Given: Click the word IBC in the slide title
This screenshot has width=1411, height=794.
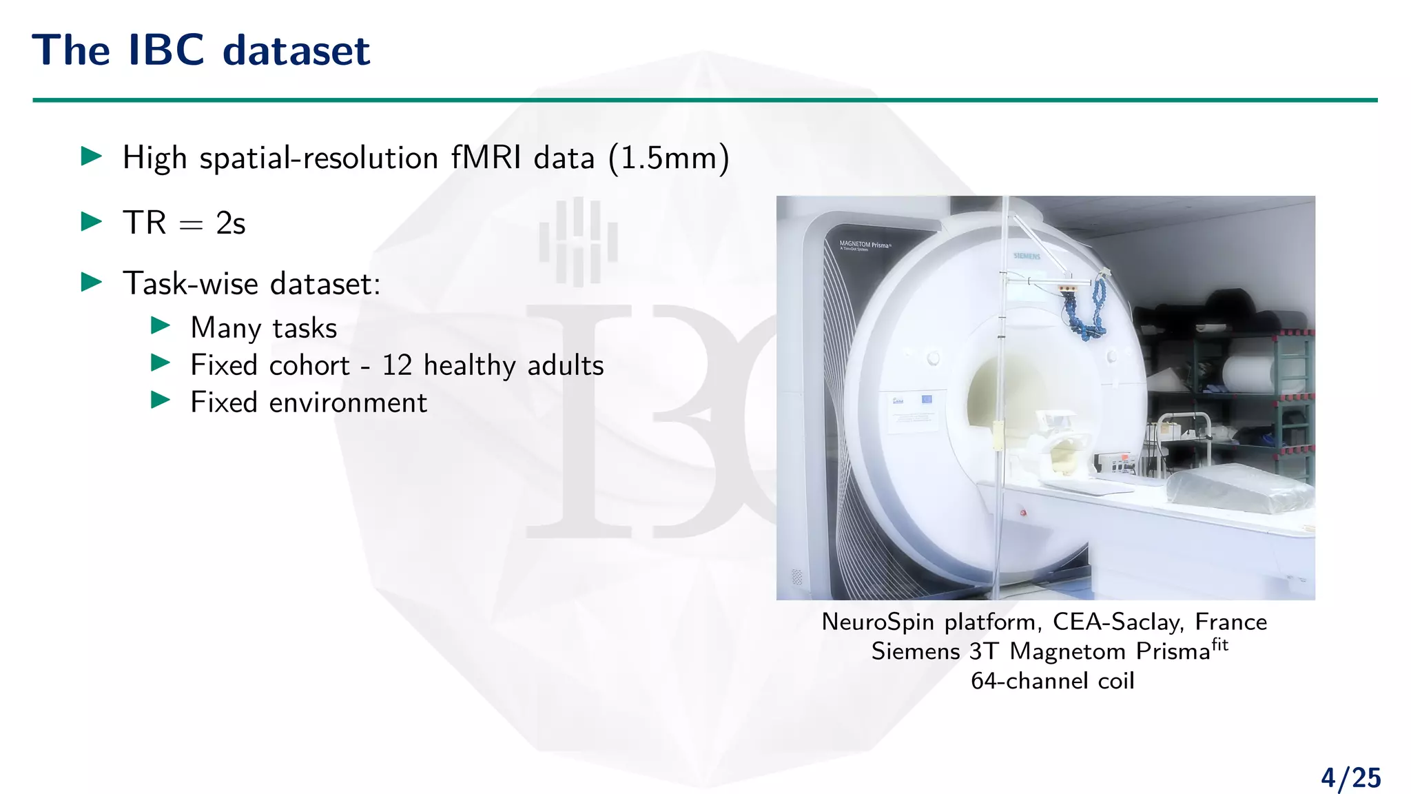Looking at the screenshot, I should click(166, 50).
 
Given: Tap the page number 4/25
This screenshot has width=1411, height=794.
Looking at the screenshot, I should click(1350, 777).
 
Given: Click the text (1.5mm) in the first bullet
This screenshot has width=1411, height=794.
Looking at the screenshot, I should click(668, 158).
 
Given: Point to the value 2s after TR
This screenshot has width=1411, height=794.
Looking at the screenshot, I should click(230, 223).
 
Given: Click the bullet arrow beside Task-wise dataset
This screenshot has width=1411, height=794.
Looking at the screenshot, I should click(92, 282).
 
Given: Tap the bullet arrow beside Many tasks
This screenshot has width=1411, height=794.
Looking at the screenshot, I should click(161, 325).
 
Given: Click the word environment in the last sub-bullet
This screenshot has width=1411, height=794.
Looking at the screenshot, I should click(348, 403).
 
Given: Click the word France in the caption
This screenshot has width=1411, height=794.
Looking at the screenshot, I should click(1230, 622).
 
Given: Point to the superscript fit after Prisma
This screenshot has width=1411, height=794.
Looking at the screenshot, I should click(1219, 645).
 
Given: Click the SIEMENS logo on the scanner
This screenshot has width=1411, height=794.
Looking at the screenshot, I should click(1027, 256).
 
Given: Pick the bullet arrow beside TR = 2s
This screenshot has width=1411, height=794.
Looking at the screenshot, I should click(92, 221).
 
